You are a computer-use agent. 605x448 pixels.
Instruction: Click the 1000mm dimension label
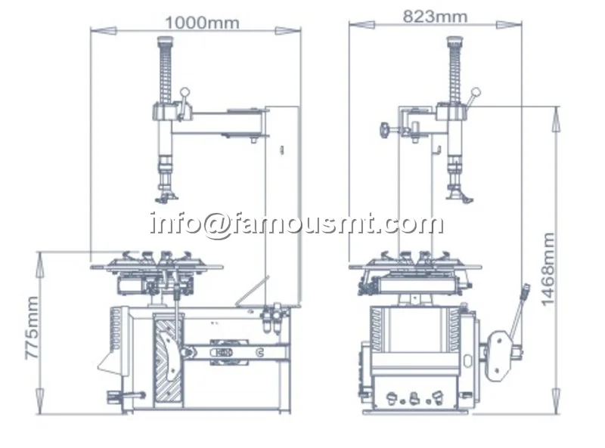tap(202, 23)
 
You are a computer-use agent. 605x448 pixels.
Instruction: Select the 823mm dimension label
tap(435, 17)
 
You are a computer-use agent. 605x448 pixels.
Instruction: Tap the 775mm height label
tap(32, 328)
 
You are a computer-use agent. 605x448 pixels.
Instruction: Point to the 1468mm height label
tap(548, 270)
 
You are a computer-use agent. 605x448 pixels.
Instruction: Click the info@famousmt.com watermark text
tap(296, 224)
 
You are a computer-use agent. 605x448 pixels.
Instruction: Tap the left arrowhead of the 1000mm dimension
tap(104, 30)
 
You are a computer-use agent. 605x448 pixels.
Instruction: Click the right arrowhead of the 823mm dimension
tap(509, 25)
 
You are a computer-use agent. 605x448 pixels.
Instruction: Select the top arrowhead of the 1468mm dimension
tap(556, 119)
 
